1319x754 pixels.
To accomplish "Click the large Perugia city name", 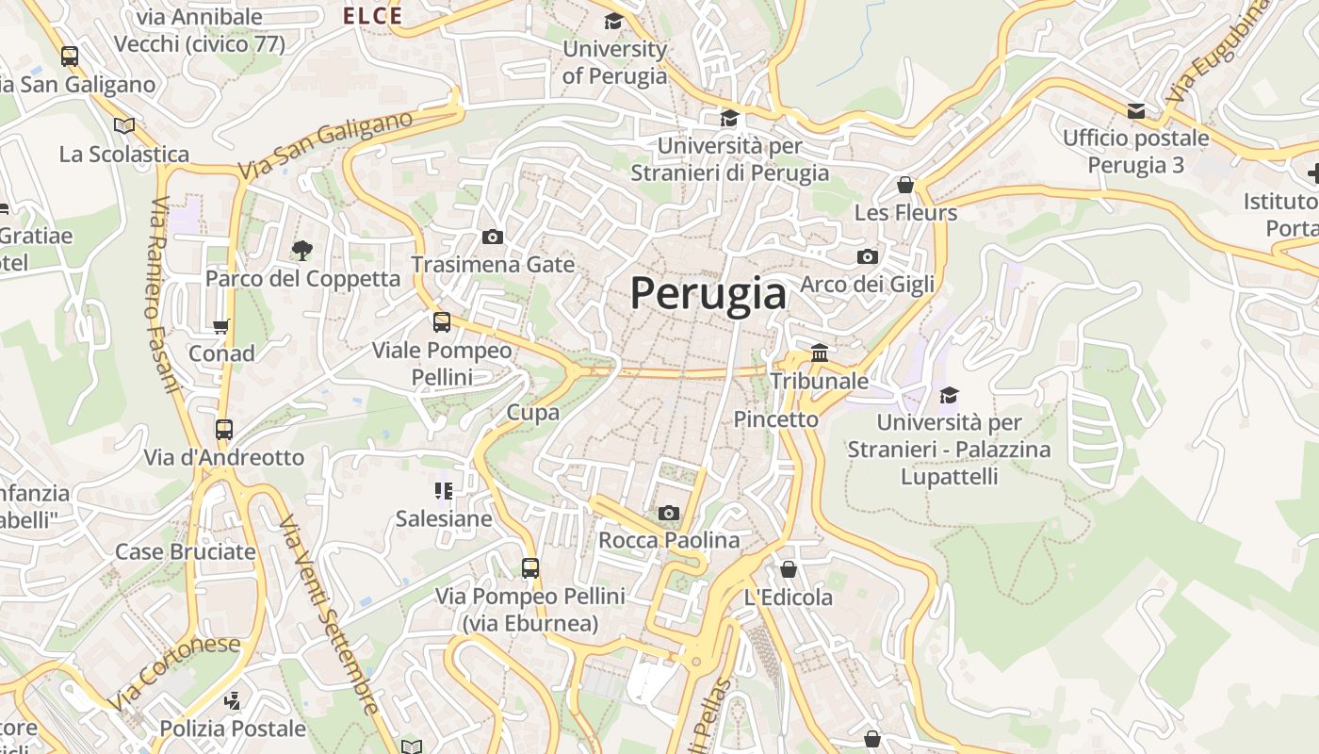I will click(708, 293).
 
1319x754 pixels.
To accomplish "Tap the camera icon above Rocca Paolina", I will click(668, 513).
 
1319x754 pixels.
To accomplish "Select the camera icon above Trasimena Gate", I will click(492, 237).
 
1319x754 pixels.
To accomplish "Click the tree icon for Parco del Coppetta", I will click(301, 250).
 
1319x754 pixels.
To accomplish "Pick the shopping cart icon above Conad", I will click(221, 326).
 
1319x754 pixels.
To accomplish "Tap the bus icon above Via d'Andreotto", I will click(223, 430).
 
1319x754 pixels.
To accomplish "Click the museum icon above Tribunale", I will click(819, 353).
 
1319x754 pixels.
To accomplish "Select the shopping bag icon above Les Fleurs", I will click(905, 184).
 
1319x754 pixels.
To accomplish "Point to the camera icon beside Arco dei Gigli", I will click(867, 256).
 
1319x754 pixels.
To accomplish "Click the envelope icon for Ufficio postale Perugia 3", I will click(1136, 110).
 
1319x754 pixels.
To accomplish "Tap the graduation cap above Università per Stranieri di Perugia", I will click(729, 118).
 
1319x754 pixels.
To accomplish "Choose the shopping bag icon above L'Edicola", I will click(788, 569).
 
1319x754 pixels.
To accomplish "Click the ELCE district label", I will click(372, 15).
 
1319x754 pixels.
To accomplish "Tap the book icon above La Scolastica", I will click(123, 125).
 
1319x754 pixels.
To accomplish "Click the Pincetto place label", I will click(776, 419).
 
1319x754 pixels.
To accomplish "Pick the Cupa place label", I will click(533, 412).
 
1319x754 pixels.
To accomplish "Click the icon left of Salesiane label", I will click(443, 490).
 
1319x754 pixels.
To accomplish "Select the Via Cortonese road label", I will click(174, 673).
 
